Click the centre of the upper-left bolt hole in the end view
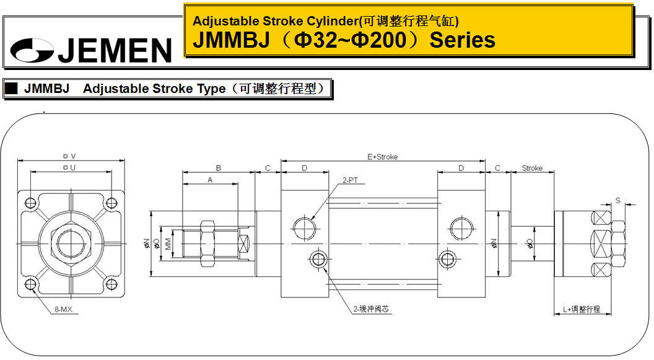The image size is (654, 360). [x=30, y=203]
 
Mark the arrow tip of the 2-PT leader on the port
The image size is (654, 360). [x=312, y=219]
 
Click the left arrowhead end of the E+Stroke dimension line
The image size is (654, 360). [x=281, y=160]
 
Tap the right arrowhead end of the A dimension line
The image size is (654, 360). [x=238, y=183]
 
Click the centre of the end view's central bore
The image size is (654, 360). [x=71, y=244]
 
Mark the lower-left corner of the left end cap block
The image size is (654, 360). [x=281, y=297]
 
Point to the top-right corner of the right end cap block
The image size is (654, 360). [x=485, y=191]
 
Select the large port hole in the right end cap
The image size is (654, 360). [x=462, y=228]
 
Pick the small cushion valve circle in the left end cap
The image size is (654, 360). [x=318, y=259]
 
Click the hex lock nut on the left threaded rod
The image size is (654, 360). [x=207, y=244]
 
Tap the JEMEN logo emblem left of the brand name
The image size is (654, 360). [x=32, y=50]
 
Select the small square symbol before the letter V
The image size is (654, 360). [x=66, y=156]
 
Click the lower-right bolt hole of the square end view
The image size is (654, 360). [x=111, y=284]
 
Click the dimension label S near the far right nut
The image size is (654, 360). [x=617, y=201]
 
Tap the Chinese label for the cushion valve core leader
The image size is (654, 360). [x=371, y=309]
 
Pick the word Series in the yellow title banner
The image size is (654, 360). [x=463, y=40]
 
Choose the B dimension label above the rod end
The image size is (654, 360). [x=218, y=168]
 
